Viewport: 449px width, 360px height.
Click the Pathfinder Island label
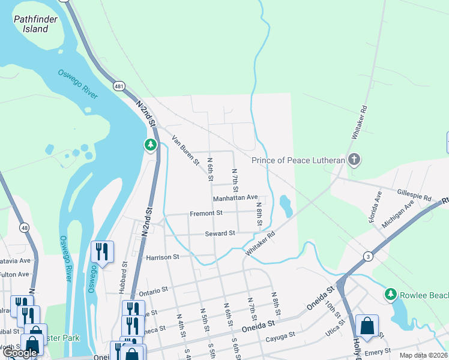click(40, 23)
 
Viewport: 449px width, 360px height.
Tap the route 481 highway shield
click(120, 86)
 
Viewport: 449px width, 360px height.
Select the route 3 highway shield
click(366, 256)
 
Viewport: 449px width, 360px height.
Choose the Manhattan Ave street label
click(235, 197)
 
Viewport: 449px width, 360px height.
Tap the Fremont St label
click(206, 213)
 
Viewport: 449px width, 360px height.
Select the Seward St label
click(219, 233)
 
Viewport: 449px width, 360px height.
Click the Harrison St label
click(163, 257)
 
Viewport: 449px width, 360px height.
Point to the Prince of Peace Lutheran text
click(298, 160)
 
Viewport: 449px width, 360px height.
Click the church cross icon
click(355, 159)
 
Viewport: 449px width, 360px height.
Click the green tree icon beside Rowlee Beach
click(391, 293)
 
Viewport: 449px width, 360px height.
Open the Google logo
click(20, 353)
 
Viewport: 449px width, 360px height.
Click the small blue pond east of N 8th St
click(285, 205)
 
